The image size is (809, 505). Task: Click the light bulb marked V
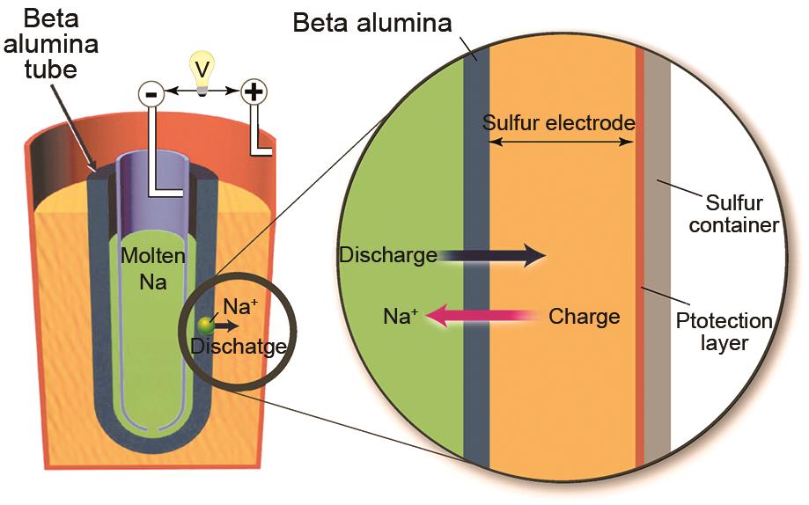point(203,70)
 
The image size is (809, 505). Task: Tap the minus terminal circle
point(151,91)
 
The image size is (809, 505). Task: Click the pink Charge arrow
point(489,316)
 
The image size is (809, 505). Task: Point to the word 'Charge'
point(585,316)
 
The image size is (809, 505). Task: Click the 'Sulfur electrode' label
point(558,123)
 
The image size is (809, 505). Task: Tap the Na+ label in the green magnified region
point(401,317)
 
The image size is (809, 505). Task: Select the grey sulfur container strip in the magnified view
point(658,264)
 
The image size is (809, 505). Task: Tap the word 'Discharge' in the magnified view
point(388,256)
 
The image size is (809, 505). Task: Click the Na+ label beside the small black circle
point(239,306)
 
